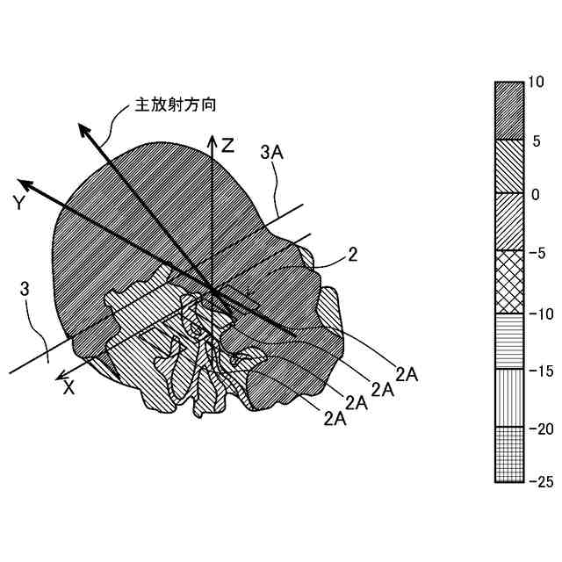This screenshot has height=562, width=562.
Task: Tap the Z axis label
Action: click(x=227, y=146)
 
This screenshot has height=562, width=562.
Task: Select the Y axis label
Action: click(x=18, y=203)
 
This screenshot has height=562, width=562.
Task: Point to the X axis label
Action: click(x=68, y=387)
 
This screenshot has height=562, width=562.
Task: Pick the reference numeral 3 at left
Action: click(x=26, y=287)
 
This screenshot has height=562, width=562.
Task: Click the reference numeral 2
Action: click(x=352, y=256)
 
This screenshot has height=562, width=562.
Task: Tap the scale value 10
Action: click(x=537, y=82)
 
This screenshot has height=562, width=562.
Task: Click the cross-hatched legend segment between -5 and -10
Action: click(x=509, y=282)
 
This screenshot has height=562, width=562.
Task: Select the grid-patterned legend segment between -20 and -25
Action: click(x=509, y=454)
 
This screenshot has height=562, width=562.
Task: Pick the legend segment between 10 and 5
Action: click(x=509, y=111)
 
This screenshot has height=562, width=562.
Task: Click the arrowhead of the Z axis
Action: click(x=211, y=140)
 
